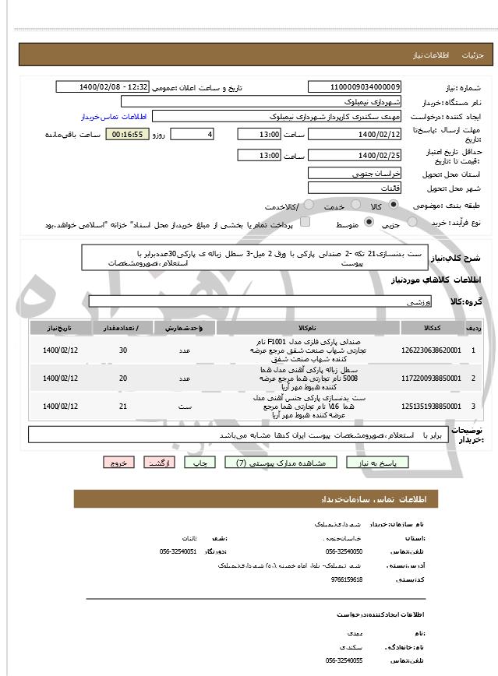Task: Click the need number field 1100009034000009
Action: tap(355, 87)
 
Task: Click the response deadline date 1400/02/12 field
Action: tap(355, 134)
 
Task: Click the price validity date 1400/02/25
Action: tap(355, 155)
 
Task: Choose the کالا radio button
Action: tap(393, 206)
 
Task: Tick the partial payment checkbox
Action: tap(305, 224)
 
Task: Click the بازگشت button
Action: tap(160, 463)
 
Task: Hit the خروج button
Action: tap(118, 463)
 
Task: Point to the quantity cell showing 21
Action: tap(123, 407)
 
